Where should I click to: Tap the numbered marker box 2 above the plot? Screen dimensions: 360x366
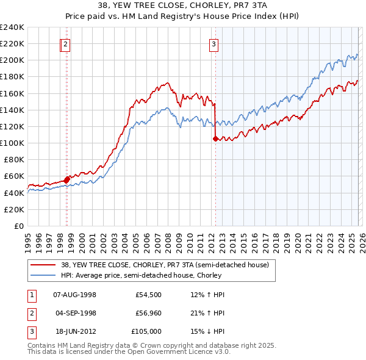[x=65, y=43]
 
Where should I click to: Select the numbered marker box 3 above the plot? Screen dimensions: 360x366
[x=214, y=43]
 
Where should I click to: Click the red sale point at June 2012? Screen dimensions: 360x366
[x=215, y=139]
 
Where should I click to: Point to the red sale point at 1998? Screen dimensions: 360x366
[x=66, y=179]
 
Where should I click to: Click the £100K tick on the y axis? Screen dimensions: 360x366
[x=13, y=143]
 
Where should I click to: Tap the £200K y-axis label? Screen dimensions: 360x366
[x=13, y=60]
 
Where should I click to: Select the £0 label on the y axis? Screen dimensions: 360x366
[x=18, y=226]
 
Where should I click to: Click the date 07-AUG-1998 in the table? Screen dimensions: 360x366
[x=75, y=295]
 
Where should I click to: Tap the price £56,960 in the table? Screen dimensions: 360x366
[x=148, y=313]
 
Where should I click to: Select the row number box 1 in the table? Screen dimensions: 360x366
[x=31, y=295]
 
